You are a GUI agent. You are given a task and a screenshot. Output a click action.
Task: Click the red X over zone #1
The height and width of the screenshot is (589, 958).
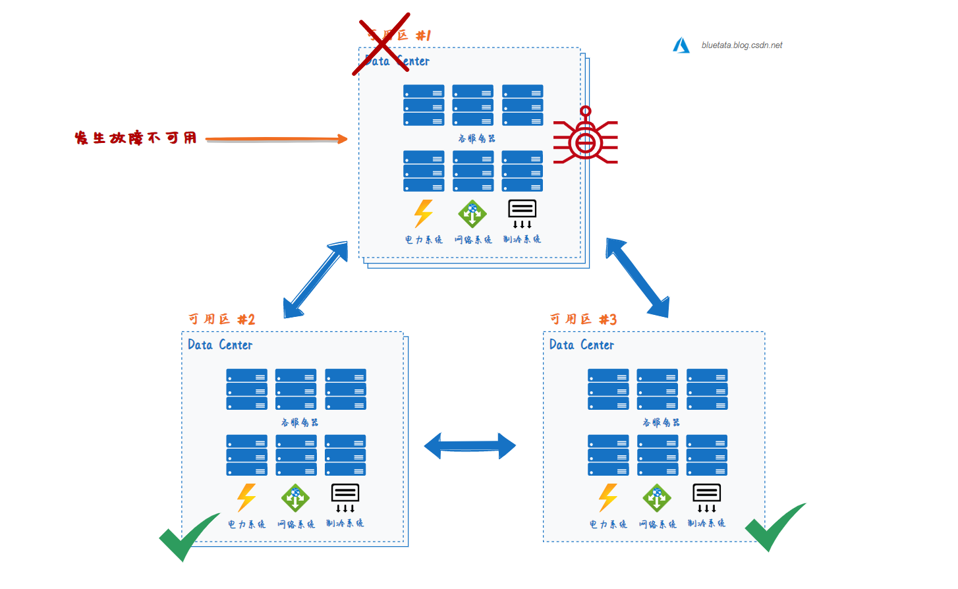[381, 43]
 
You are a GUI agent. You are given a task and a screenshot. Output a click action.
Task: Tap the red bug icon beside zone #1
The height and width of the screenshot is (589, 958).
[585, 139]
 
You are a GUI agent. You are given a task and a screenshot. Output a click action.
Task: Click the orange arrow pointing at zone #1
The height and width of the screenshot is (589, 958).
[276, 139]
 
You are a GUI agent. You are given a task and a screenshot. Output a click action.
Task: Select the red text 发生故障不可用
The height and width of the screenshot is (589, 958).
[136, 138]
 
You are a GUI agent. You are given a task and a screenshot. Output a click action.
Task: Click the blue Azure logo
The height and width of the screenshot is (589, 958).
[681, 45]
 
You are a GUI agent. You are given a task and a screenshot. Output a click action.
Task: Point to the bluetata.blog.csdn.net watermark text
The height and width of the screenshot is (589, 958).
[742, 45]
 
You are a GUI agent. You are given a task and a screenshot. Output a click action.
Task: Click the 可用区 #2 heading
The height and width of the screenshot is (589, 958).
[221, 320]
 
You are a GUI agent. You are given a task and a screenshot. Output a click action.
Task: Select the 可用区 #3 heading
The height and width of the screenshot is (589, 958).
[583, 320]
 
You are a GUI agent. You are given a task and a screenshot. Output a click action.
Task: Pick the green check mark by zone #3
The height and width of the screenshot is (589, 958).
[774, 526]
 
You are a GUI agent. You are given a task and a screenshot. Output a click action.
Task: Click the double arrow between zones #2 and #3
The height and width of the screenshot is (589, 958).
[470, 446]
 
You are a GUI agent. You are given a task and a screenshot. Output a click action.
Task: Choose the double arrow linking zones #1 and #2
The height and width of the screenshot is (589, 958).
[316, 279]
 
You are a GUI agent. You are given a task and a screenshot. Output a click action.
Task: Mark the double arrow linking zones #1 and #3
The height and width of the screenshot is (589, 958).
[637, 277]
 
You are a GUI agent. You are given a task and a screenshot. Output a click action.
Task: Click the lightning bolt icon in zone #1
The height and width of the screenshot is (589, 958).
[423, 213]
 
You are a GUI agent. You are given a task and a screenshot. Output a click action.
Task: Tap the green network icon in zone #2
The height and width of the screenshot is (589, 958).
[295, 497]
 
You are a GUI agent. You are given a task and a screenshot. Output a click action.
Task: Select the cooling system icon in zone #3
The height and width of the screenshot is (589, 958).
[706, 497]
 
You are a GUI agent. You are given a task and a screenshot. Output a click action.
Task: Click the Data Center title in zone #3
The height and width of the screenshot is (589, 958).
[582, 345]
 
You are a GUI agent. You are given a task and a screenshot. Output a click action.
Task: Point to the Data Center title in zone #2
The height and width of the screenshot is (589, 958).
[220, 345]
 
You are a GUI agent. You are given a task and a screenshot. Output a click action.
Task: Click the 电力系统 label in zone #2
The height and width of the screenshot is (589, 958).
[246, 524]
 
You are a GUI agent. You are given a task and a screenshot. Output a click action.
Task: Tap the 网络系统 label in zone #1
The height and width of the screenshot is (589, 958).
[473, 240]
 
